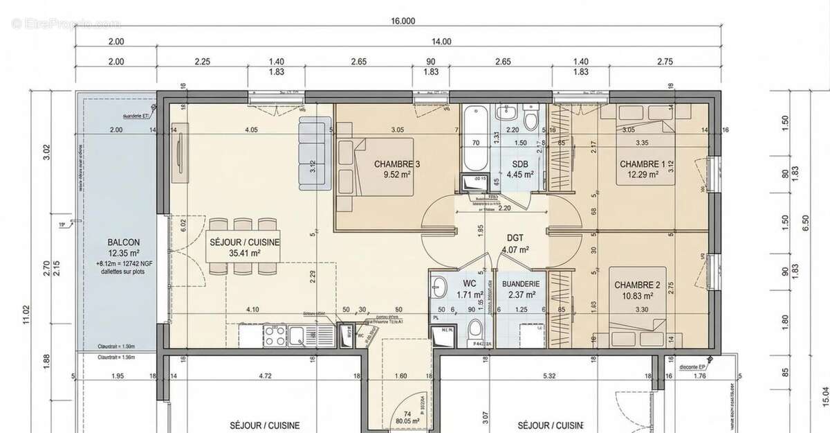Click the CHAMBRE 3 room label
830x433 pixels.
(397, 164)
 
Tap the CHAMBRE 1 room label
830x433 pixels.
(642, 164)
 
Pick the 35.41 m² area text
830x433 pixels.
(236, 254)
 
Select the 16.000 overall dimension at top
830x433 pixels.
(403, 21)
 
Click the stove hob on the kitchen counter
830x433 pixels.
(273, 337)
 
